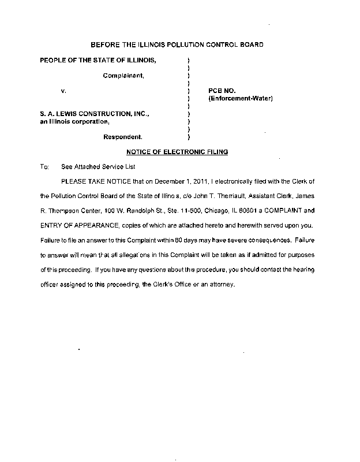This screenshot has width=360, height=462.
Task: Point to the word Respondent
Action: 123,137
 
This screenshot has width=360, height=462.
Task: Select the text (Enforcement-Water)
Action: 240,99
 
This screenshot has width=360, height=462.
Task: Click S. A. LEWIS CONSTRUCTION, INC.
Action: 91,114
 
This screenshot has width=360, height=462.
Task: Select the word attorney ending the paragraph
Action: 218,284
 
